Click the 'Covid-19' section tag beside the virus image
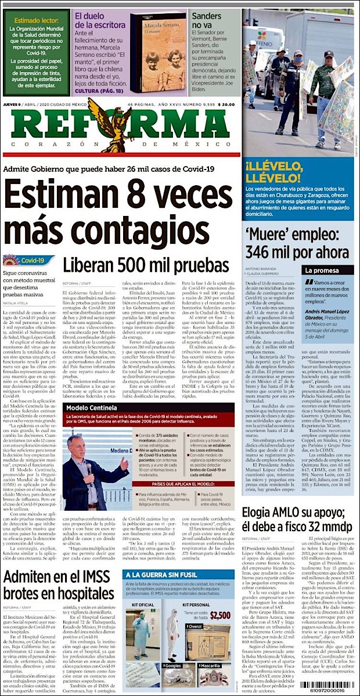pyautogui.click(x=37, y=261)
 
